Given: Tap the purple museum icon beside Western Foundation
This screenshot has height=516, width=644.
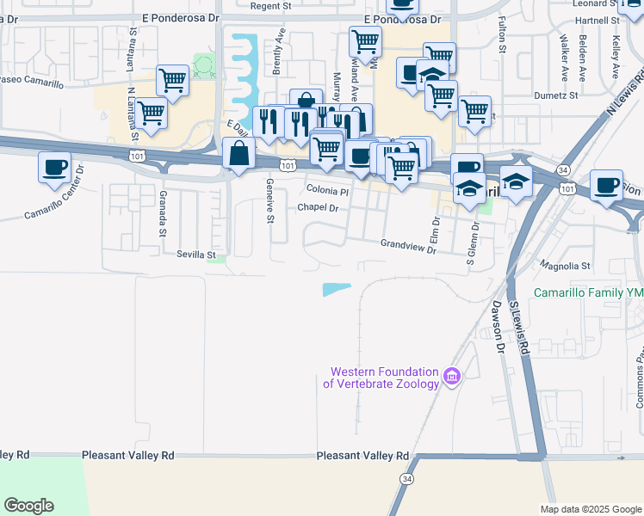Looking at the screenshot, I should pyautogui.click(x=452, y=376).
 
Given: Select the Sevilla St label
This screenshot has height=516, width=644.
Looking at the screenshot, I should pyautogui.click(x=195, y=255).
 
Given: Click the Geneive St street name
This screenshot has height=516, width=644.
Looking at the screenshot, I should pyautogui.click(x=269, y=201).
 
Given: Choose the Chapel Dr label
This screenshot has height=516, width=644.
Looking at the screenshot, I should pyautogui.click(x=318, y=208).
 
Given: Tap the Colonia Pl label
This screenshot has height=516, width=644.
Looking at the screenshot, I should pyautogui.click(x=327, y=191).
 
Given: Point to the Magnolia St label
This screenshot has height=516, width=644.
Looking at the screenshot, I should pyautogui.click(x=564, y=267).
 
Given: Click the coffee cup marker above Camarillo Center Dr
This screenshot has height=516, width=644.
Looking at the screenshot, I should pyautogui.click(x=55, y=167).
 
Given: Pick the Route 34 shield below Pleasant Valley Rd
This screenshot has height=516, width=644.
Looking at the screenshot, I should pyautogui.click(x=406, y=478).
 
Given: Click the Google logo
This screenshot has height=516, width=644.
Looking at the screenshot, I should pyautogui.click(x=28, y=506).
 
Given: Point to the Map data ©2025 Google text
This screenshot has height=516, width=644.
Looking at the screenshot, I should pyautogui.click(x=590, y=509).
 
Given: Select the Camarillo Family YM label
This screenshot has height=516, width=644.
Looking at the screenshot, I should pyautogui.click(x=588, y=292).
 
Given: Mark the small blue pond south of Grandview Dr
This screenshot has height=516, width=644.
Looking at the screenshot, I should pyautogui.click(x=337, y=290).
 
